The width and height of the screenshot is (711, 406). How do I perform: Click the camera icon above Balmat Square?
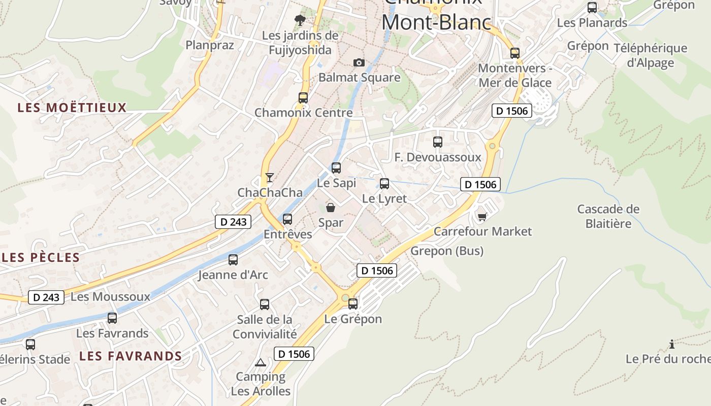point(359,62)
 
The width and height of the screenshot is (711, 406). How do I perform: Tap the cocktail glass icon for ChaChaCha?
point(270,177)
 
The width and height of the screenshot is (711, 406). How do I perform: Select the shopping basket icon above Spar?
point(331,208)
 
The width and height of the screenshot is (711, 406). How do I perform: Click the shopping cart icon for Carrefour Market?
point(482,217)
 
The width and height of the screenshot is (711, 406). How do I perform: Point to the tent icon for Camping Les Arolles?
point(261,362)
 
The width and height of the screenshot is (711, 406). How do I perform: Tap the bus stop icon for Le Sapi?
point(336,167)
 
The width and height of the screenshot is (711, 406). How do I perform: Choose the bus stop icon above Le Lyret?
point(384,184)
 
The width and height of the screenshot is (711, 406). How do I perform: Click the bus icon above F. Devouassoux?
point(438,142)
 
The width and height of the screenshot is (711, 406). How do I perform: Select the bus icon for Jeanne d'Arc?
point(233,260)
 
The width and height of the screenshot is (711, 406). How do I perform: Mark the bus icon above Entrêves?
point(287,219)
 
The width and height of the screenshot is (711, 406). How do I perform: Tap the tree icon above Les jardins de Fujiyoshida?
point(300,20)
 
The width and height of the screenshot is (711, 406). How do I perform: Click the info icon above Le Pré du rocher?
point(672,344)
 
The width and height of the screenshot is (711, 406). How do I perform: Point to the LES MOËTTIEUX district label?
point(72,108)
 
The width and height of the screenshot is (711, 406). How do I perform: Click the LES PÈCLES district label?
point(41,257)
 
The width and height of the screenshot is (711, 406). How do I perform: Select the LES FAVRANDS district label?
point(131,356)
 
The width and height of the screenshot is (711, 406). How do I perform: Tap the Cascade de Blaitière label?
point(608,216)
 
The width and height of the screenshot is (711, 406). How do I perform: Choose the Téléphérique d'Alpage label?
point(651,55)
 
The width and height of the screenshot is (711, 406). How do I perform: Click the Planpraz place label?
point(210,45)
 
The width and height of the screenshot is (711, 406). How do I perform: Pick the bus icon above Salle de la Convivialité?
point(265,304)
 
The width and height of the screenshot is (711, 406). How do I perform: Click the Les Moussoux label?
point(110,297)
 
